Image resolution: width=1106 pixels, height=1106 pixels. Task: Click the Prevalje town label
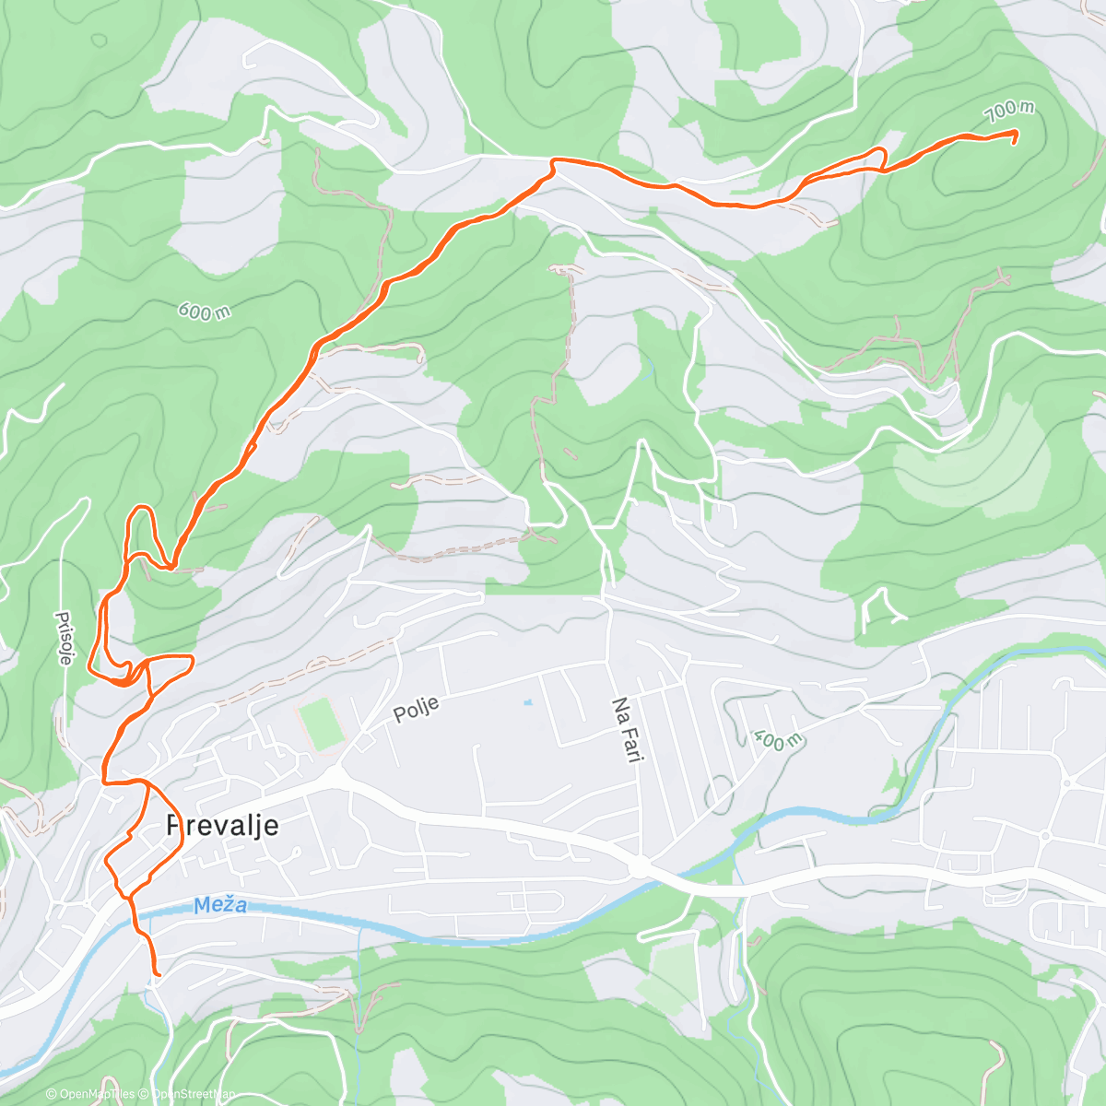coord(222,826)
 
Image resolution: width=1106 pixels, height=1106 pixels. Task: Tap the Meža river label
coord(220,905)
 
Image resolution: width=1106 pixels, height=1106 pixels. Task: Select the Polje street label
coord(417,709)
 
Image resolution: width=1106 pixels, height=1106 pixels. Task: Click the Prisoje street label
coord(65,638)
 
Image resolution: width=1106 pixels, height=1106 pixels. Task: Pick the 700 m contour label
coord(1009,112)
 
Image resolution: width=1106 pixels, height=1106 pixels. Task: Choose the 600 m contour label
coord(204,312)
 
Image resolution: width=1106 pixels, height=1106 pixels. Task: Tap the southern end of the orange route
coord(158,973)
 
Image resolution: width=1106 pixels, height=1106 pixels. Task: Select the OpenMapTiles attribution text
coord(91,1094)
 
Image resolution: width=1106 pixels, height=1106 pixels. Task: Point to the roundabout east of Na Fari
coord(638,867)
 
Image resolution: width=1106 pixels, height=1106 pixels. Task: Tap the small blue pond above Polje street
coord(526,703)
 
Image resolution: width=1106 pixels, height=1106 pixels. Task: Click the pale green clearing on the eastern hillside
coord(977,461)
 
